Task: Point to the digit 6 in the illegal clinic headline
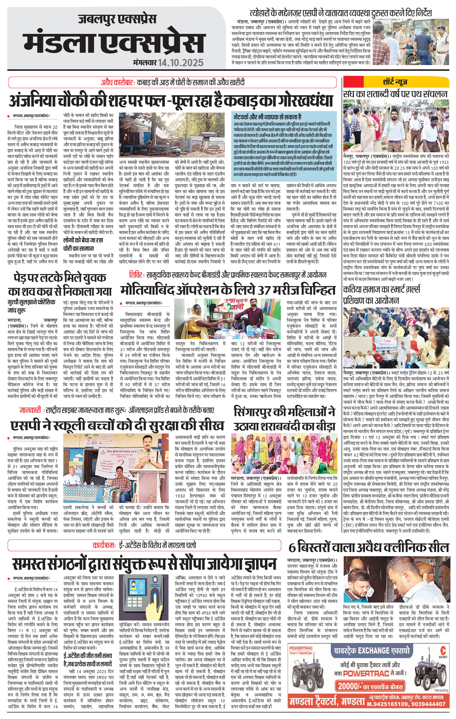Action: coord(292,548)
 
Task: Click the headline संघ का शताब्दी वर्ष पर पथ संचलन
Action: coord(395,94)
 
